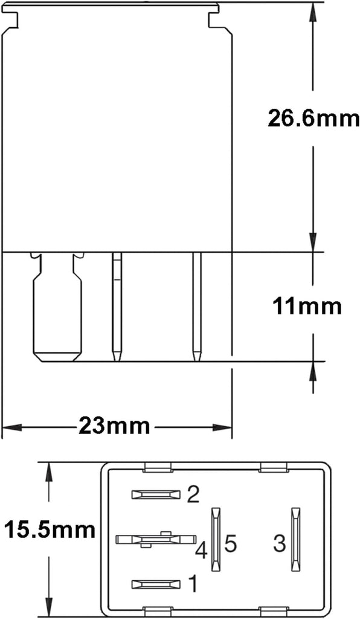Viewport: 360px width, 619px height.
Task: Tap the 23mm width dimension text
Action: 114,426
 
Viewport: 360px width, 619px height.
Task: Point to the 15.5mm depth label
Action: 50,531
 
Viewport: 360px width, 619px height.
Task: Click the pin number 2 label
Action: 193,496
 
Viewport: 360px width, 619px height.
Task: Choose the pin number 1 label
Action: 193,584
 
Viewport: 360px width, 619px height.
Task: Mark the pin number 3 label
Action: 278,543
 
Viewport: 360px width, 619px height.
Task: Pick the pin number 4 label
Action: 202,550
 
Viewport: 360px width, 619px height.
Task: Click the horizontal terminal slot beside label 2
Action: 156,495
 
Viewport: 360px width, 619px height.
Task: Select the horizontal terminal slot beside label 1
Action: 156,584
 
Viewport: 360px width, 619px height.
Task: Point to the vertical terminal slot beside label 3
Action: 295,539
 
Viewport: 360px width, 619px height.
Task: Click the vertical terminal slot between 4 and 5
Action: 214,539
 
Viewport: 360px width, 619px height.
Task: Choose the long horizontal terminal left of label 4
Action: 156,539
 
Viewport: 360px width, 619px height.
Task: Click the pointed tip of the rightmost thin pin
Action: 197,357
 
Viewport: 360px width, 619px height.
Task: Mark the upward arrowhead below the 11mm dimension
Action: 313,369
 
